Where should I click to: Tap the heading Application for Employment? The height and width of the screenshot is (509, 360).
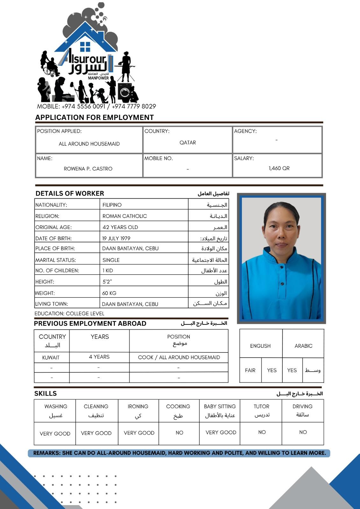pyautogui.click(x=95, y=117)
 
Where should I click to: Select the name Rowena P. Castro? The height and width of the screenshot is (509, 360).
pyautogui.click(x=88, y=169)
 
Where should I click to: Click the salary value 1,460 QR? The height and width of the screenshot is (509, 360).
pyautogui.click(x=279, y=168)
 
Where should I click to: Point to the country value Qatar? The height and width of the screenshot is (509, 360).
pyautogui.click(x=188, y=143)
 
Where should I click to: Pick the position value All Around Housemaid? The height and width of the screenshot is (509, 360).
pyautogui.click(x=89, y=144)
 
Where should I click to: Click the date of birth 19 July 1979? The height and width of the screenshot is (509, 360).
pyautogui.click(x=116, y=238)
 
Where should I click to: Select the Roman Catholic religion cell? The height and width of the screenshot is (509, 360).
pyautogui.click(x=125, y=216)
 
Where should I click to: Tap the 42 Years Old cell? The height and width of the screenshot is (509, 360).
pyautogui.click(x=120, y=227)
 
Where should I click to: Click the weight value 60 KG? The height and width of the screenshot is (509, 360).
pyautogui.click(x=109, y=293)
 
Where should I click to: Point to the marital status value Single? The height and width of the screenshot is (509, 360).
pyautogui.click(x=111, y=260)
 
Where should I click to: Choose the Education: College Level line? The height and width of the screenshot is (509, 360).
pyautogui.click(x=69, y=313)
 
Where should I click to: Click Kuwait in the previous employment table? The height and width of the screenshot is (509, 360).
pyautogui.click(x=51, y=357)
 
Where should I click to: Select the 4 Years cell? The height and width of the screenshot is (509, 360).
pyautogui.click(x=99, y=357)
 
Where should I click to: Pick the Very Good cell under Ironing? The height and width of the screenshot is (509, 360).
pyautogui.click(x=139, y=433)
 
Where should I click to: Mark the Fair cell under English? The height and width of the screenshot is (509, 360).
pyautogui.click(x=250, y=370)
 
